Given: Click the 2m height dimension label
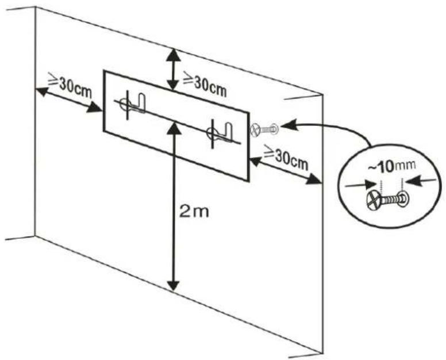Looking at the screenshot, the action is point(194,212).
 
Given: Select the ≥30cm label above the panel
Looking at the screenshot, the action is point(204,84).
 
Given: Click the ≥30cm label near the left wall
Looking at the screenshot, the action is point(70,85).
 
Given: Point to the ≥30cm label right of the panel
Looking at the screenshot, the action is point(286,158).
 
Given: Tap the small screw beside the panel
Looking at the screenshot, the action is point(264,129).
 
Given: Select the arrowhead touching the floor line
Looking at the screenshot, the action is point(174,285).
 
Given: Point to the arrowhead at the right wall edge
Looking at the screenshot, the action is point(314,179).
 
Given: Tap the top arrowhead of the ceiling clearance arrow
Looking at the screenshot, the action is point(174,55).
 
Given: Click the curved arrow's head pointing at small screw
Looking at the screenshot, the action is point(289,125).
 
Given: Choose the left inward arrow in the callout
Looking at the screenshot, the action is point(362,185).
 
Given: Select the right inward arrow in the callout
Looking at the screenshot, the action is point(420,181).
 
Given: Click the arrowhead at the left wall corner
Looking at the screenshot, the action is point(42,91).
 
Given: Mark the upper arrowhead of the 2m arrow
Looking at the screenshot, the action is point(174,129).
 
